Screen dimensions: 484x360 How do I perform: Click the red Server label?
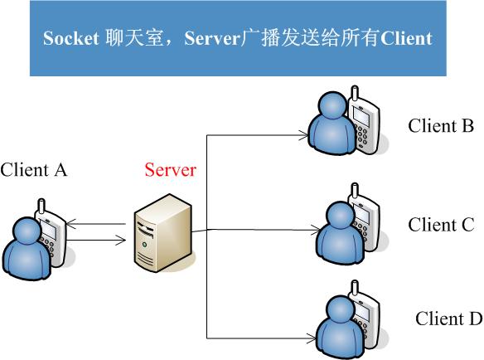point(171,170)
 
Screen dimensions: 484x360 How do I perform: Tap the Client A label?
point(33,170)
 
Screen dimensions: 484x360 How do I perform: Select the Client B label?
point(441,126)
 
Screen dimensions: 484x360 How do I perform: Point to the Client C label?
point(441,225)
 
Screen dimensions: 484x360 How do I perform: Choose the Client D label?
point(449,319)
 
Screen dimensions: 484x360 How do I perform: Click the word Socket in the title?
point(71,38)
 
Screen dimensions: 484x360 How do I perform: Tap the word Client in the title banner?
point(406,38)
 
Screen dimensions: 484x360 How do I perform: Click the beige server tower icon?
point(163,233)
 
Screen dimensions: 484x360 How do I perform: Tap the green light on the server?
point(144,245)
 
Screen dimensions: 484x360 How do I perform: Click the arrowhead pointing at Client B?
point(303,135)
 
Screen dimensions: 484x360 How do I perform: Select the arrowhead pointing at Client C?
point(317,231)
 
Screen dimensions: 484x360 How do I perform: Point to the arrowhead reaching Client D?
point(311,338)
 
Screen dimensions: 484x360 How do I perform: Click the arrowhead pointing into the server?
point(121,240)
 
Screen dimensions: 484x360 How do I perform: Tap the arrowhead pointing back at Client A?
point(71,224)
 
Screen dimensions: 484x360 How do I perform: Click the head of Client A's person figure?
point(27,231)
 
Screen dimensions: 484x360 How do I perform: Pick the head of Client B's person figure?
point(333,105)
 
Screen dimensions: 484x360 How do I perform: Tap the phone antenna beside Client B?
point(355,94)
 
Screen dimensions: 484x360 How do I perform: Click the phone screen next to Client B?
point(362,117)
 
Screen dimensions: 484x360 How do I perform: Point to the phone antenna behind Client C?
point(355,190)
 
